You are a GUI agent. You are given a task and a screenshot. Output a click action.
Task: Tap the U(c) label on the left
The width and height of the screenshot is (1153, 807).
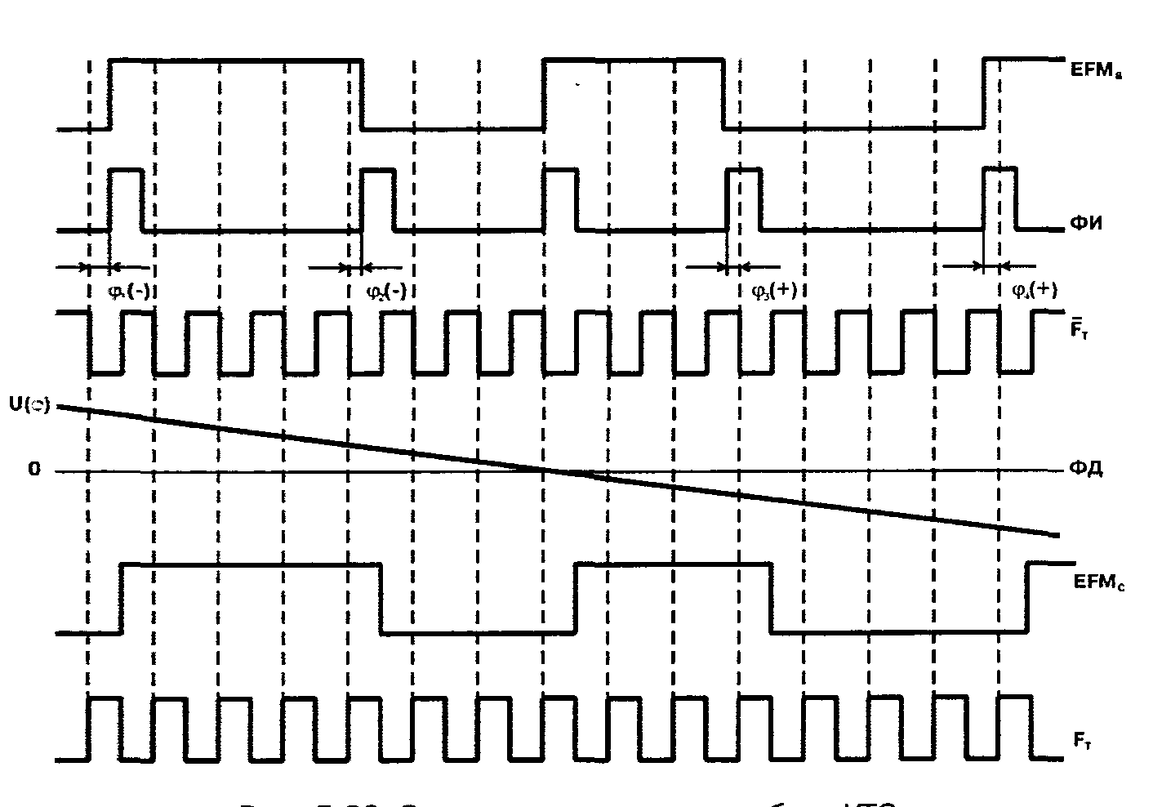pyautogui.click(x=29, y=405)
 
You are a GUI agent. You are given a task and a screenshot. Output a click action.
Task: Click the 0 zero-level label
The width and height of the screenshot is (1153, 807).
pyautogui.click(x=33, y=470)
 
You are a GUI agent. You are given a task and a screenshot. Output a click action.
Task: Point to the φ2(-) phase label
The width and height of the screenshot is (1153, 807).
pyautogui.click(x=386, y=292)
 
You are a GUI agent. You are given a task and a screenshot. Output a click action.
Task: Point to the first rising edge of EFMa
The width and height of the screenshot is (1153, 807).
pyautogui.click(x=110, y=94)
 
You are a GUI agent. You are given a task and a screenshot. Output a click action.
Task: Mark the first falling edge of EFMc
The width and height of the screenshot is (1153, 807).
pyautogui.click(x=381, y=597)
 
